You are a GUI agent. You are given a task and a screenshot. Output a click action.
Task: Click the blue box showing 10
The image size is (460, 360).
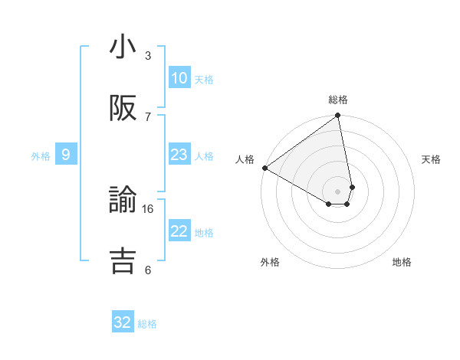pos(179,78)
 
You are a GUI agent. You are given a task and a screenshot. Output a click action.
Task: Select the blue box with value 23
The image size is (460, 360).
pos(179,155)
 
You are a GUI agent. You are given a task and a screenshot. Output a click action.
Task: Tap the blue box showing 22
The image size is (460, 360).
pos(179,231)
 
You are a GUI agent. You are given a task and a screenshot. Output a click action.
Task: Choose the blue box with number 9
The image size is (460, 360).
pos(66,155)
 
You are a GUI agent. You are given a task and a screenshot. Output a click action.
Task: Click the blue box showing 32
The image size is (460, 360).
pos(123,322)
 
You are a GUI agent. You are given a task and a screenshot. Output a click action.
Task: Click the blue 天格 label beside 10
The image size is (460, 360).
pos(204,79)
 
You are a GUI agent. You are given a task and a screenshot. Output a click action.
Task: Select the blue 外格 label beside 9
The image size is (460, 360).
pos(41,155)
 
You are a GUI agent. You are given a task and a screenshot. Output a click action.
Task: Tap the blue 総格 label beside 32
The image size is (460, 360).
pos(147,324)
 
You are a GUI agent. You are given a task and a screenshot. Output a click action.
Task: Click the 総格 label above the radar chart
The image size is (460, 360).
pos(338,100)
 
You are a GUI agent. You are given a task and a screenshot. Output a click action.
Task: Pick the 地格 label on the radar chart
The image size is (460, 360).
pos(402,262)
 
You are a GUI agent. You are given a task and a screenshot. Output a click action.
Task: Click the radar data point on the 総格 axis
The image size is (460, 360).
pos(338,116)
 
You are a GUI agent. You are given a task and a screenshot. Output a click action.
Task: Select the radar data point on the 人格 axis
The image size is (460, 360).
pos(264,168)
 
